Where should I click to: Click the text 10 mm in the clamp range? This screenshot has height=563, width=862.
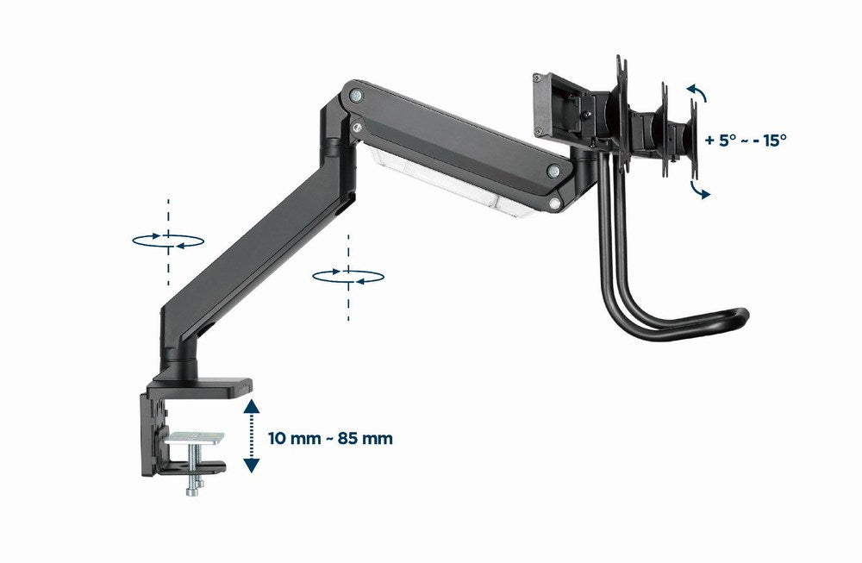(289, 439)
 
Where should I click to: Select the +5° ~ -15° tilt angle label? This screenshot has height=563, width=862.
(745, 140)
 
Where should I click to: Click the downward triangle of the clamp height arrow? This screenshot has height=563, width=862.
(251, 466)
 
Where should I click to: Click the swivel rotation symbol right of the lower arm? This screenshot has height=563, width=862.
(347, 275)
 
